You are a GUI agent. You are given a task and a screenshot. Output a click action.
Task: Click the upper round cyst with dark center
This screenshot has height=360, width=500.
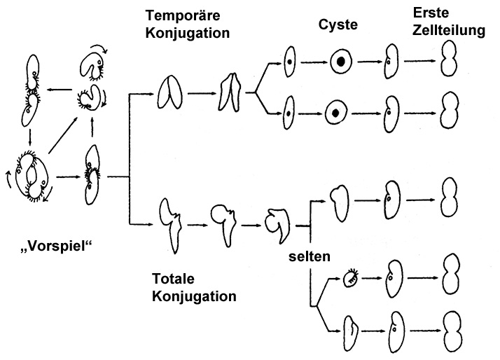(x=341, y=62)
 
